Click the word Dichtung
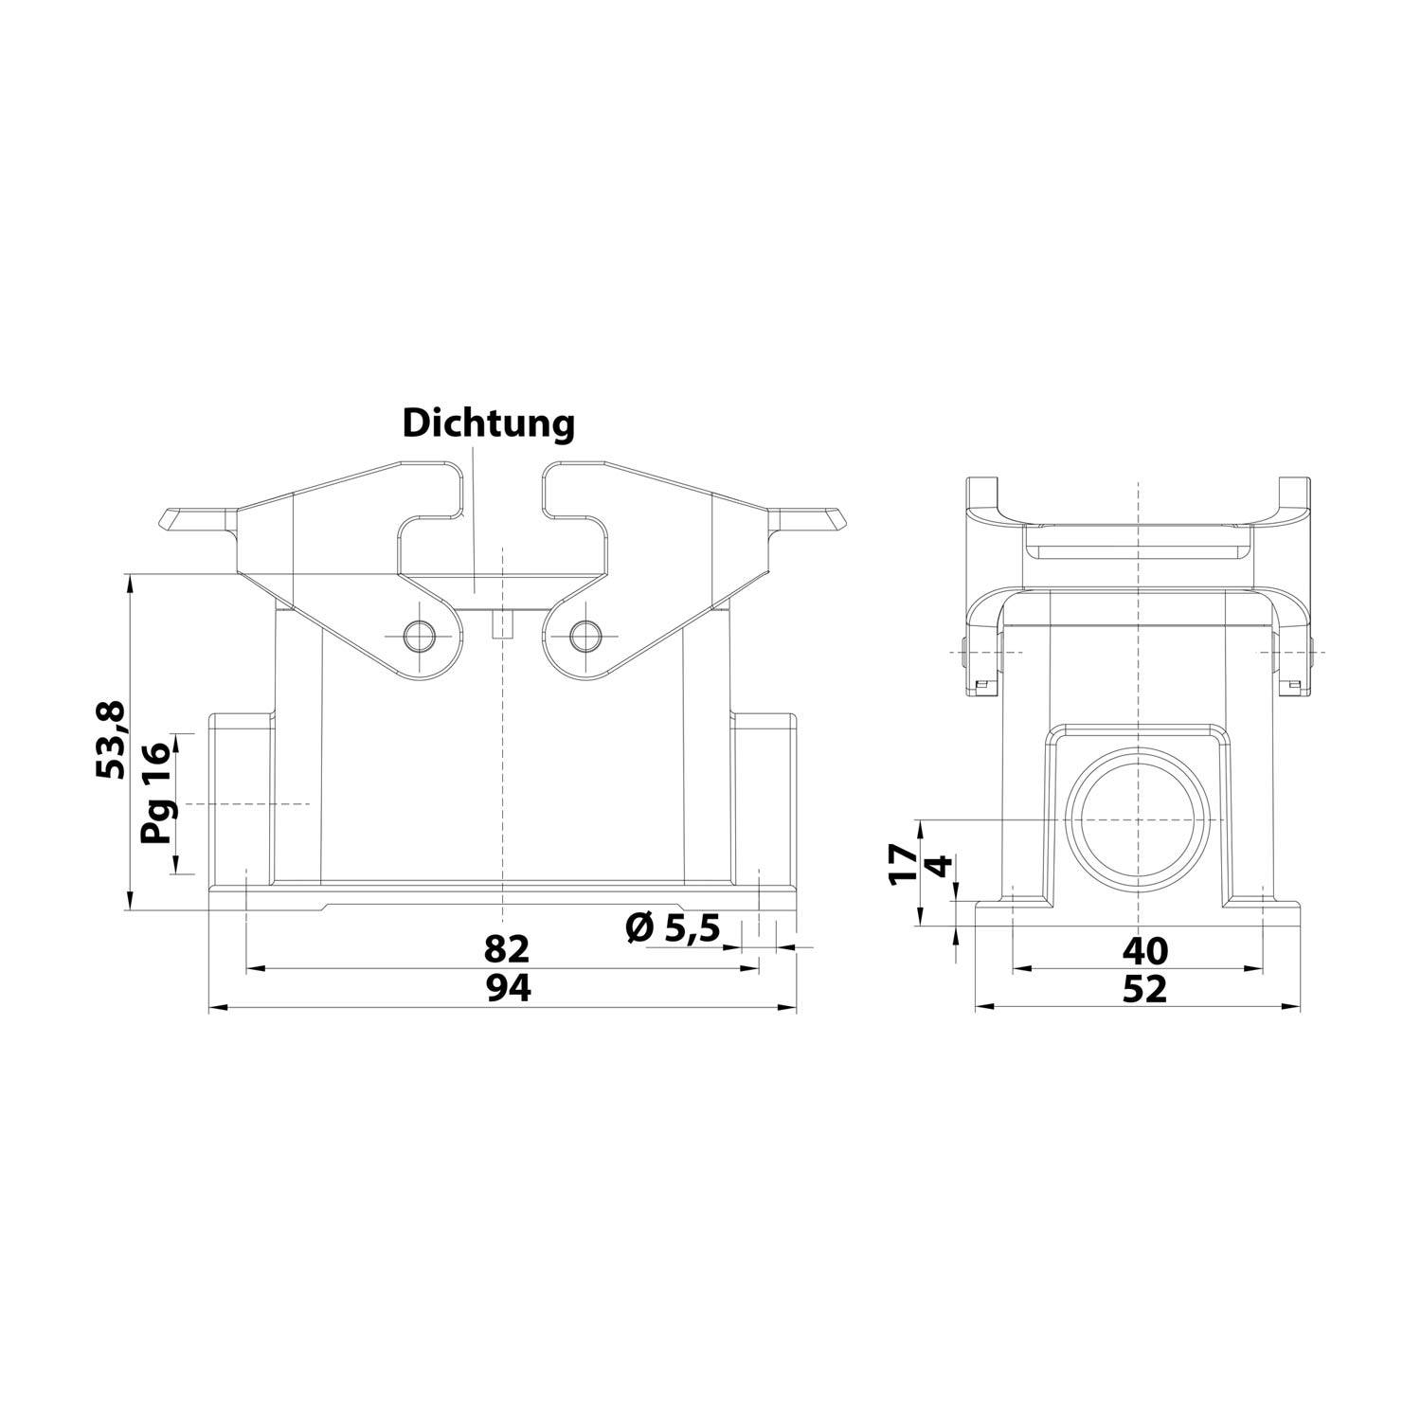[488, 423]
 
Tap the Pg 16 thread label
[154, 793]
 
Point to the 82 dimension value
[506, 948]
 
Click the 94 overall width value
[509, 988]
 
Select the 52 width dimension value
[1144, 989]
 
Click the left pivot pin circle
[418, 635]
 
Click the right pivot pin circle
[585, 635]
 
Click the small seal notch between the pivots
[502, 626]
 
